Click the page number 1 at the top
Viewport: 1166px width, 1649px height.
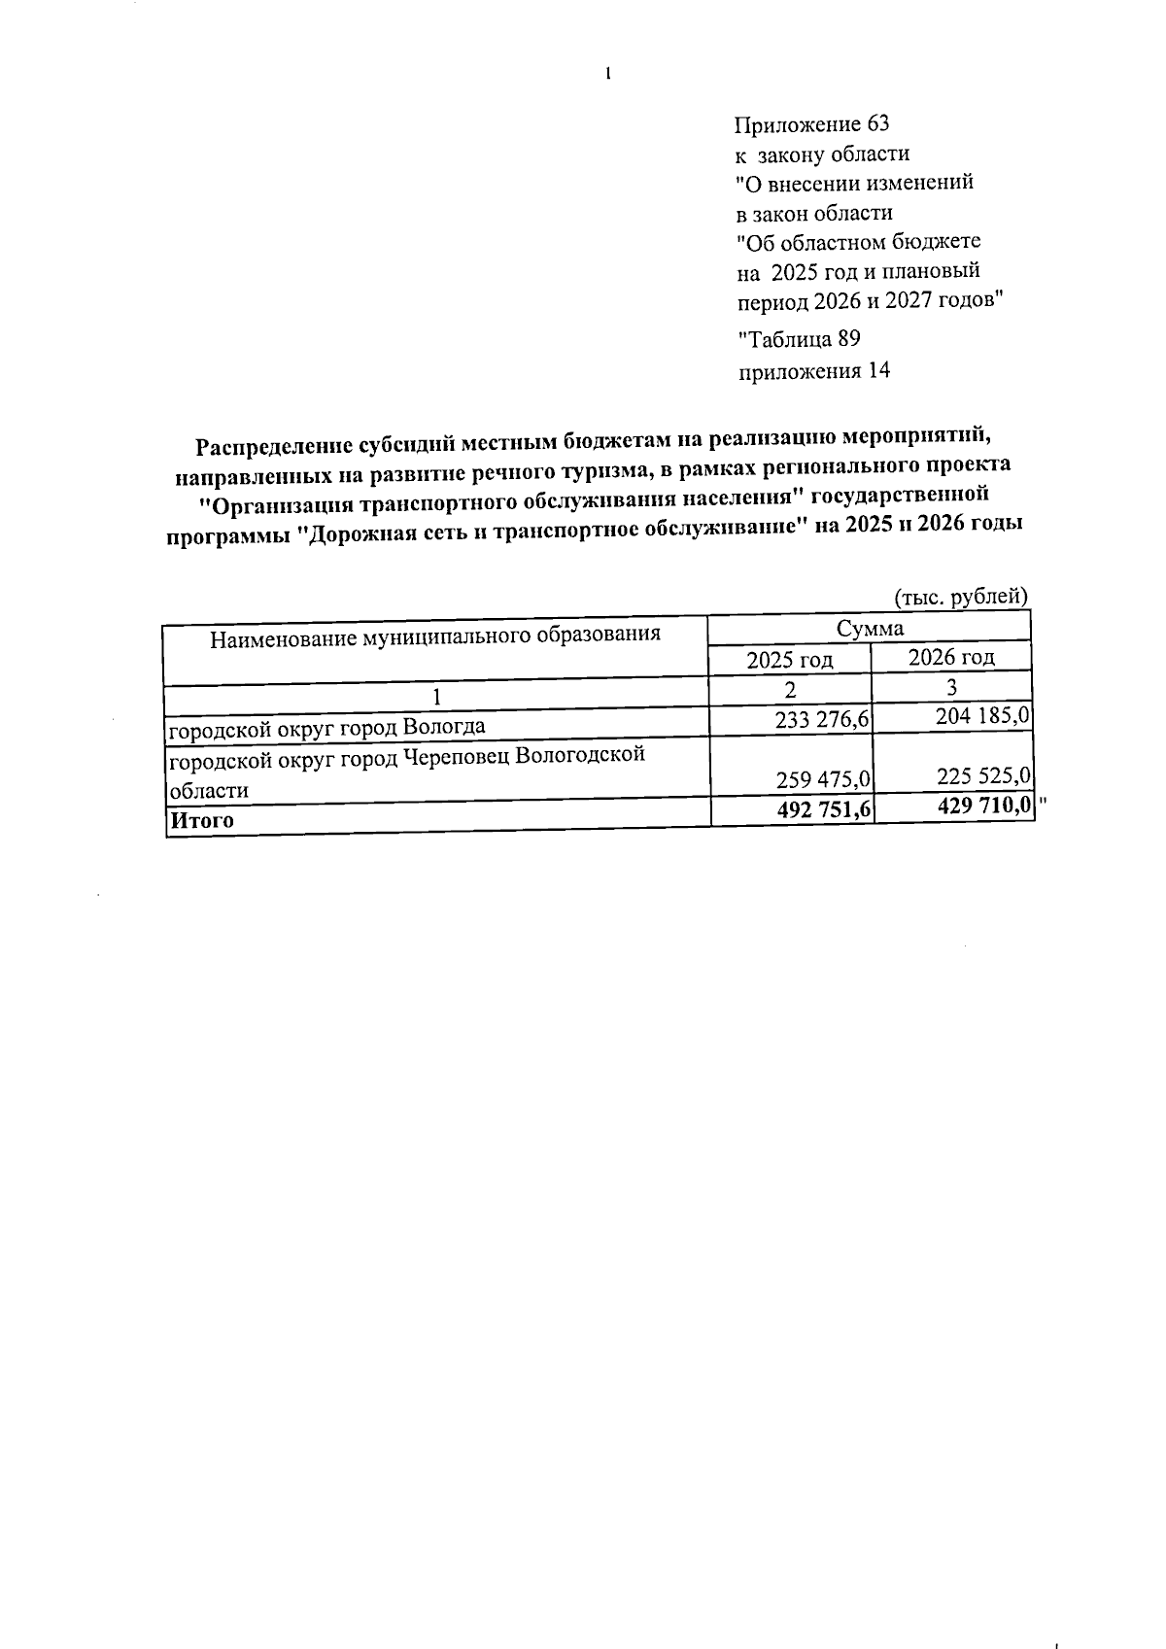click(608, 74)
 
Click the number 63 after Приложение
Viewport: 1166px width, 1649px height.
click(876, 124)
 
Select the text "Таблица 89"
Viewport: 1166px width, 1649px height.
click(800, 339)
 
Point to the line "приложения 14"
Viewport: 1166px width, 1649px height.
click(814, 371)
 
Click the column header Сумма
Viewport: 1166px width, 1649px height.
click(870, 628)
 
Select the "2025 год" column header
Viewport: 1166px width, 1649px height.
click(790, 660)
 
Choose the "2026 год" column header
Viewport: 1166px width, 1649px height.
click(951, 657)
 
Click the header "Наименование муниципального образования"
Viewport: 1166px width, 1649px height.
click(435, 636)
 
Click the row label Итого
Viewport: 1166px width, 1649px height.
click(202, 820)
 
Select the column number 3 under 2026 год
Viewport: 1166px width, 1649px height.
click(952, 687)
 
